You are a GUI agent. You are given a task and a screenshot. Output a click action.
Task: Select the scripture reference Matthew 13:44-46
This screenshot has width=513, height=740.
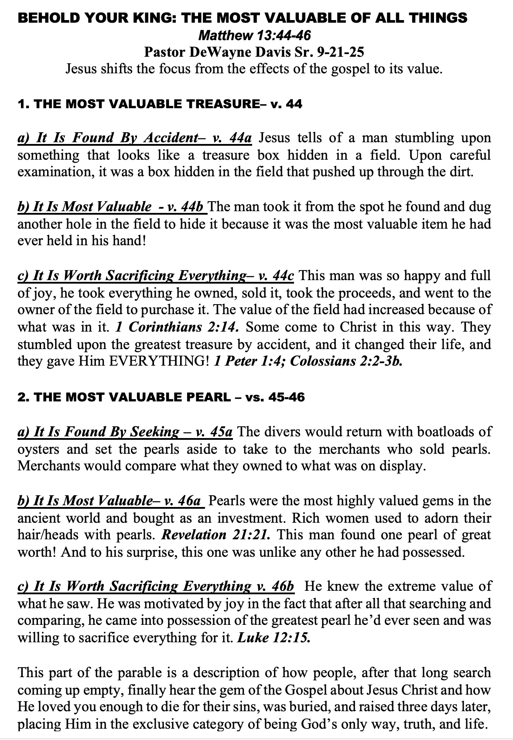255,35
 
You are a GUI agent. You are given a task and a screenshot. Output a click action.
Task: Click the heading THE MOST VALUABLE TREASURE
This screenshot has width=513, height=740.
144,104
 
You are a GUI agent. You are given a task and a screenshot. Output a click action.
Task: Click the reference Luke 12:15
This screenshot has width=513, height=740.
274,638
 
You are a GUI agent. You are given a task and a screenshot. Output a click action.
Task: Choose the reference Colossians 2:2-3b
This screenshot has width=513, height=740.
346,362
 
